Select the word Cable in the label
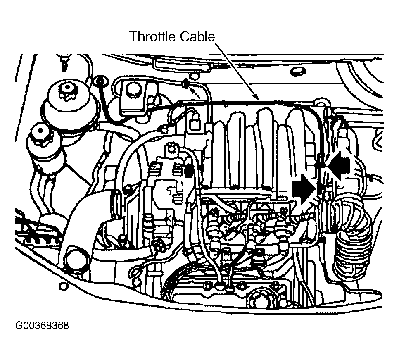(197, 36)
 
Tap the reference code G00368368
(42, 326)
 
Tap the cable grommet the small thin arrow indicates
(185, 84)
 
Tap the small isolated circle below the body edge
(63, 286)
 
